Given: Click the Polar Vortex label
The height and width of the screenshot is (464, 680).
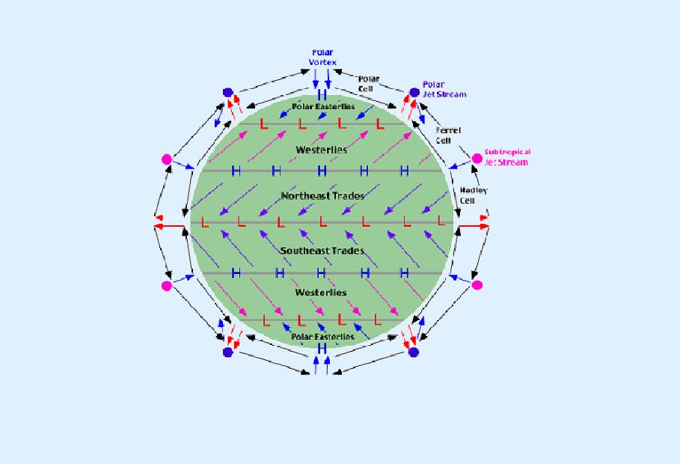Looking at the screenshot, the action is [x=322, y=58].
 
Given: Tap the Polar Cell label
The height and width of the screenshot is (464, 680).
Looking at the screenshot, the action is [x=369, y=83].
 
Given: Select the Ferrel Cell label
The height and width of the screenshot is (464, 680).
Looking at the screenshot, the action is [x=448, y=135].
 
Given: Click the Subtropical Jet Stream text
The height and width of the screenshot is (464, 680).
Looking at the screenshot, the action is [x=506, y=157].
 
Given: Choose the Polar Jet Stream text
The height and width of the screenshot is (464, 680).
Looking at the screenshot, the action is [x=444, y=89].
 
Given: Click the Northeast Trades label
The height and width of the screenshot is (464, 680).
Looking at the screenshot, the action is [x=322, y=196].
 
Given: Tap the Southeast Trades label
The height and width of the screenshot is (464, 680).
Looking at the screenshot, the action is [x=322, y=251].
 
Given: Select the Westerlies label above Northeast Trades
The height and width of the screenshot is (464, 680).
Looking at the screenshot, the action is [x=321, y=150].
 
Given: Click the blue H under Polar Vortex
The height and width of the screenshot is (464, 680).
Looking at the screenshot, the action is [x=322, y=96].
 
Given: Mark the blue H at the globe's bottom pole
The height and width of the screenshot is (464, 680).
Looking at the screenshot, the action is [x=322, y=349].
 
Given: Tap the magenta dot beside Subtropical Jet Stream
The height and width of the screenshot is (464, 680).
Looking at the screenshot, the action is [x=477, y=158].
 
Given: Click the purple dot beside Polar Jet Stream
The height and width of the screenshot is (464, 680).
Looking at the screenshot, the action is [x=414, y=92].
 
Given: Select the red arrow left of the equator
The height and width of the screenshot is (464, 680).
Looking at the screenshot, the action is [x=168, y=224].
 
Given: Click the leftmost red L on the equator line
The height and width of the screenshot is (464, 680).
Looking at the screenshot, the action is [x=203, y=222].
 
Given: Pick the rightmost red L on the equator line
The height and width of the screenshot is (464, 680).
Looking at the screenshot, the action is [x=441, y=222].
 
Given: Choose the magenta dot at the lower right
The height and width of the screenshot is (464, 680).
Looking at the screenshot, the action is [x=477, y=285].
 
